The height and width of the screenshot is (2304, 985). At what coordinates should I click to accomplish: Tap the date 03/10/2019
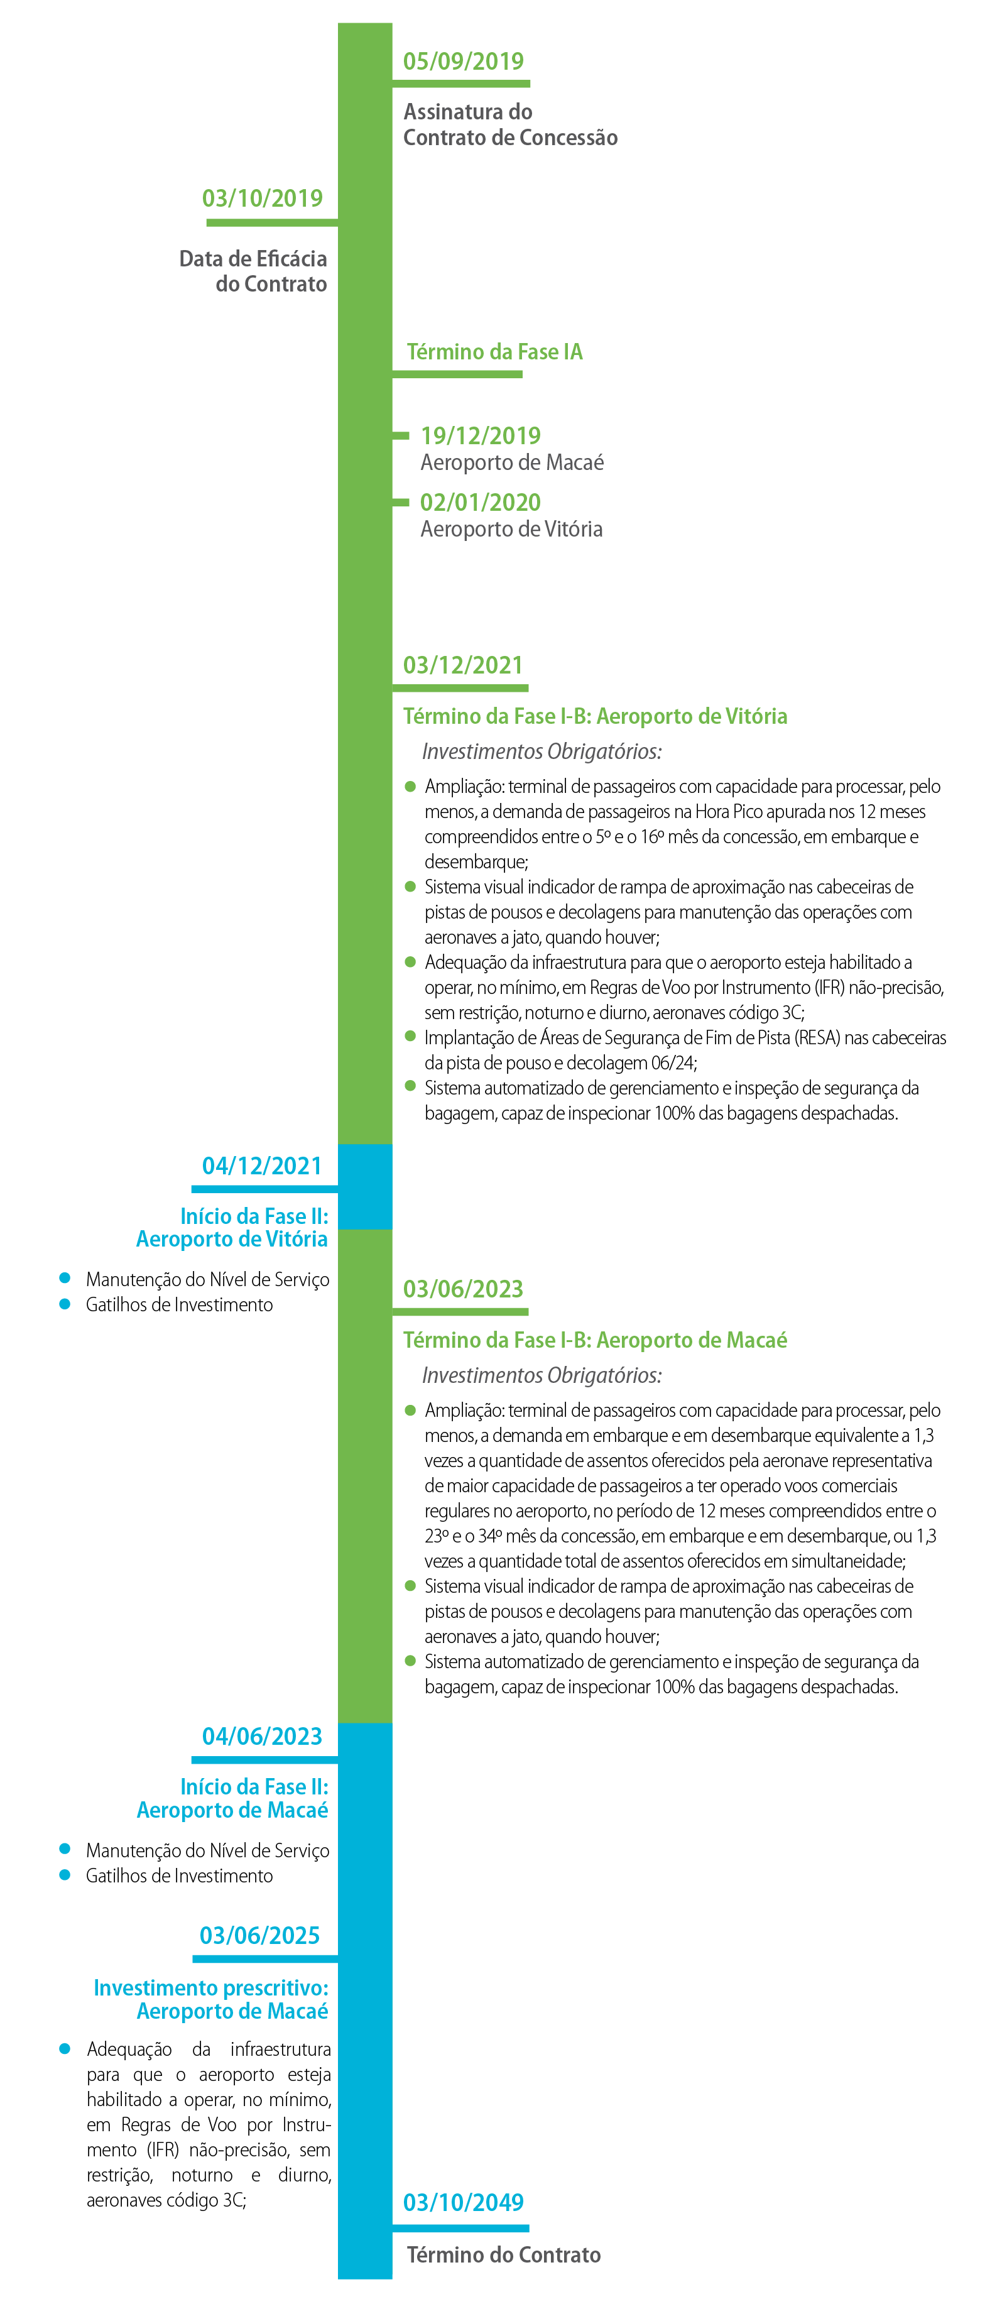point(262,199)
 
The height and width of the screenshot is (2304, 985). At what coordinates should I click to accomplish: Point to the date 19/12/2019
point(481,435)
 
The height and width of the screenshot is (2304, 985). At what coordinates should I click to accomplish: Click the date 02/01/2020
point(481,503)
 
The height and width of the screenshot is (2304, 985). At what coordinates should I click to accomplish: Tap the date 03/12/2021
point(462,665)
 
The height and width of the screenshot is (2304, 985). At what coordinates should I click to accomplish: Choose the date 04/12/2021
point(261,1166)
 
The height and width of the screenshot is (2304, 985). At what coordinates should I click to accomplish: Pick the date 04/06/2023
point(261,1736)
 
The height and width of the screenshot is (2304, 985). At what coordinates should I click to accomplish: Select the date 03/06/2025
point(259,1936)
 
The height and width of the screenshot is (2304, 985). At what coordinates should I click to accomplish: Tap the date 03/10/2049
point(462,2202)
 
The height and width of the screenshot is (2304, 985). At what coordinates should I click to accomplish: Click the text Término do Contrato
point(504,2255)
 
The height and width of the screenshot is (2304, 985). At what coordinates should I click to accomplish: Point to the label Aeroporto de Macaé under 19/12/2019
point(512,462)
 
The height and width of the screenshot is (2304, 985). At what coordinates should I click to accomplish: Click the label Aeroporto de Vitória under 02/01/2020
point(511,530)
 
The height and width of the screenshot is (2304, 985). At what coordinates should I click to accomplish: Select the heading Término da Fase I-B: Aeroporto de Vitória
point(595,716)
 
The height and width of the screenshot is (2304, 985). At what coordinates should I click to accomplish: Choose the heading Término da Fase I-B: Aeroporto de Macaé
point(595,1340)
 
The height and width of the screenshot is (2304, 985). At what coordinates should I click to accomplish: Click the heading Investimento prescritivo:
point(211,1987)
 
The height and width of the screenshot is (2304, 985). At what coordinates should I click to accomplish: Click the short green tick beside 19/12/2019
point(401,435)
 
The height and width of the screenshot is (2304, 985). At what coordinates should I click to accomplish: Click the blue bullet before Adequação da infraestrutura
point(65,2048)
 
